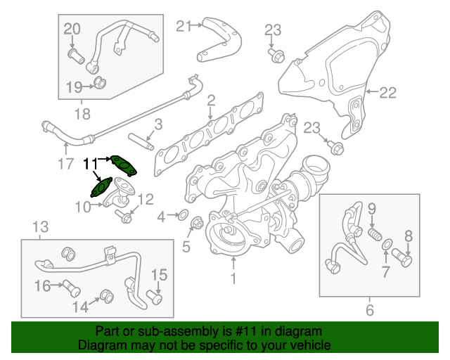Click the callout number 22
click(x=388, y=91)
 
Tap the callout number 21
click(x=183, y=27)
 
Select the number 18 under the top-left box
click(x=82, y=112)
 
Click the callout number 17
click(x=65, y=167)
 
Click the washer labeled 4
click(x=181, y=214)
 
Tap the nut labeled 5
click(x=197, y=226)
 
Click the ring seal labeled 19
click(x=101, y=85)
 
